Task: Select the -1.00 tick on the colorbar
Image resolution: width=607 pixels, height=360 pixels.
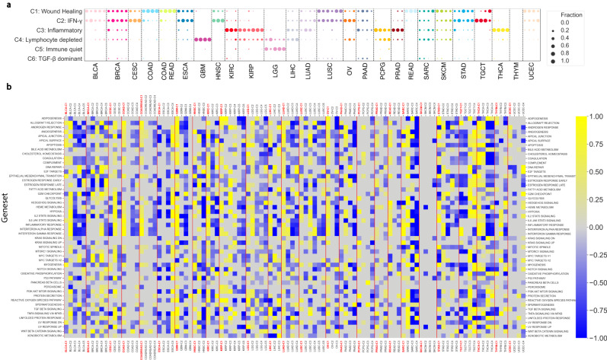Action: pyautogui.click(x=591, y=336)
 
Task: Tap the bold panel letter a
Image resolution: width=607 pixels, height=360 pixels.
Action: pyautogui.click(x=5, y=4)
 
